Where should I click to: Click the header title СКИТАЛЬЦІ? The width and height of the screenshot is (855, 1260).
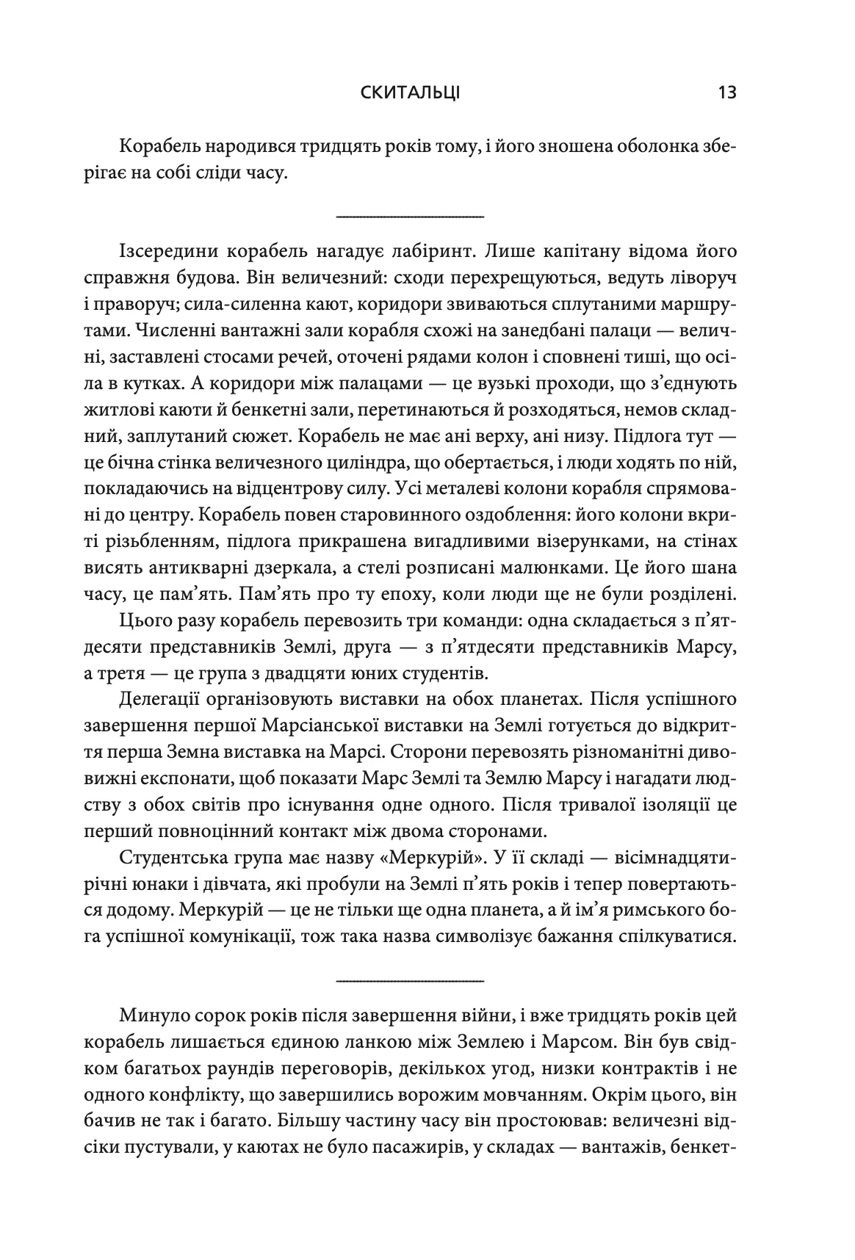(401, 93)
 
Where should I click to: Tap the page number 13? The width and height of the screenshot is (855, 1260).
(727, 93)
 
